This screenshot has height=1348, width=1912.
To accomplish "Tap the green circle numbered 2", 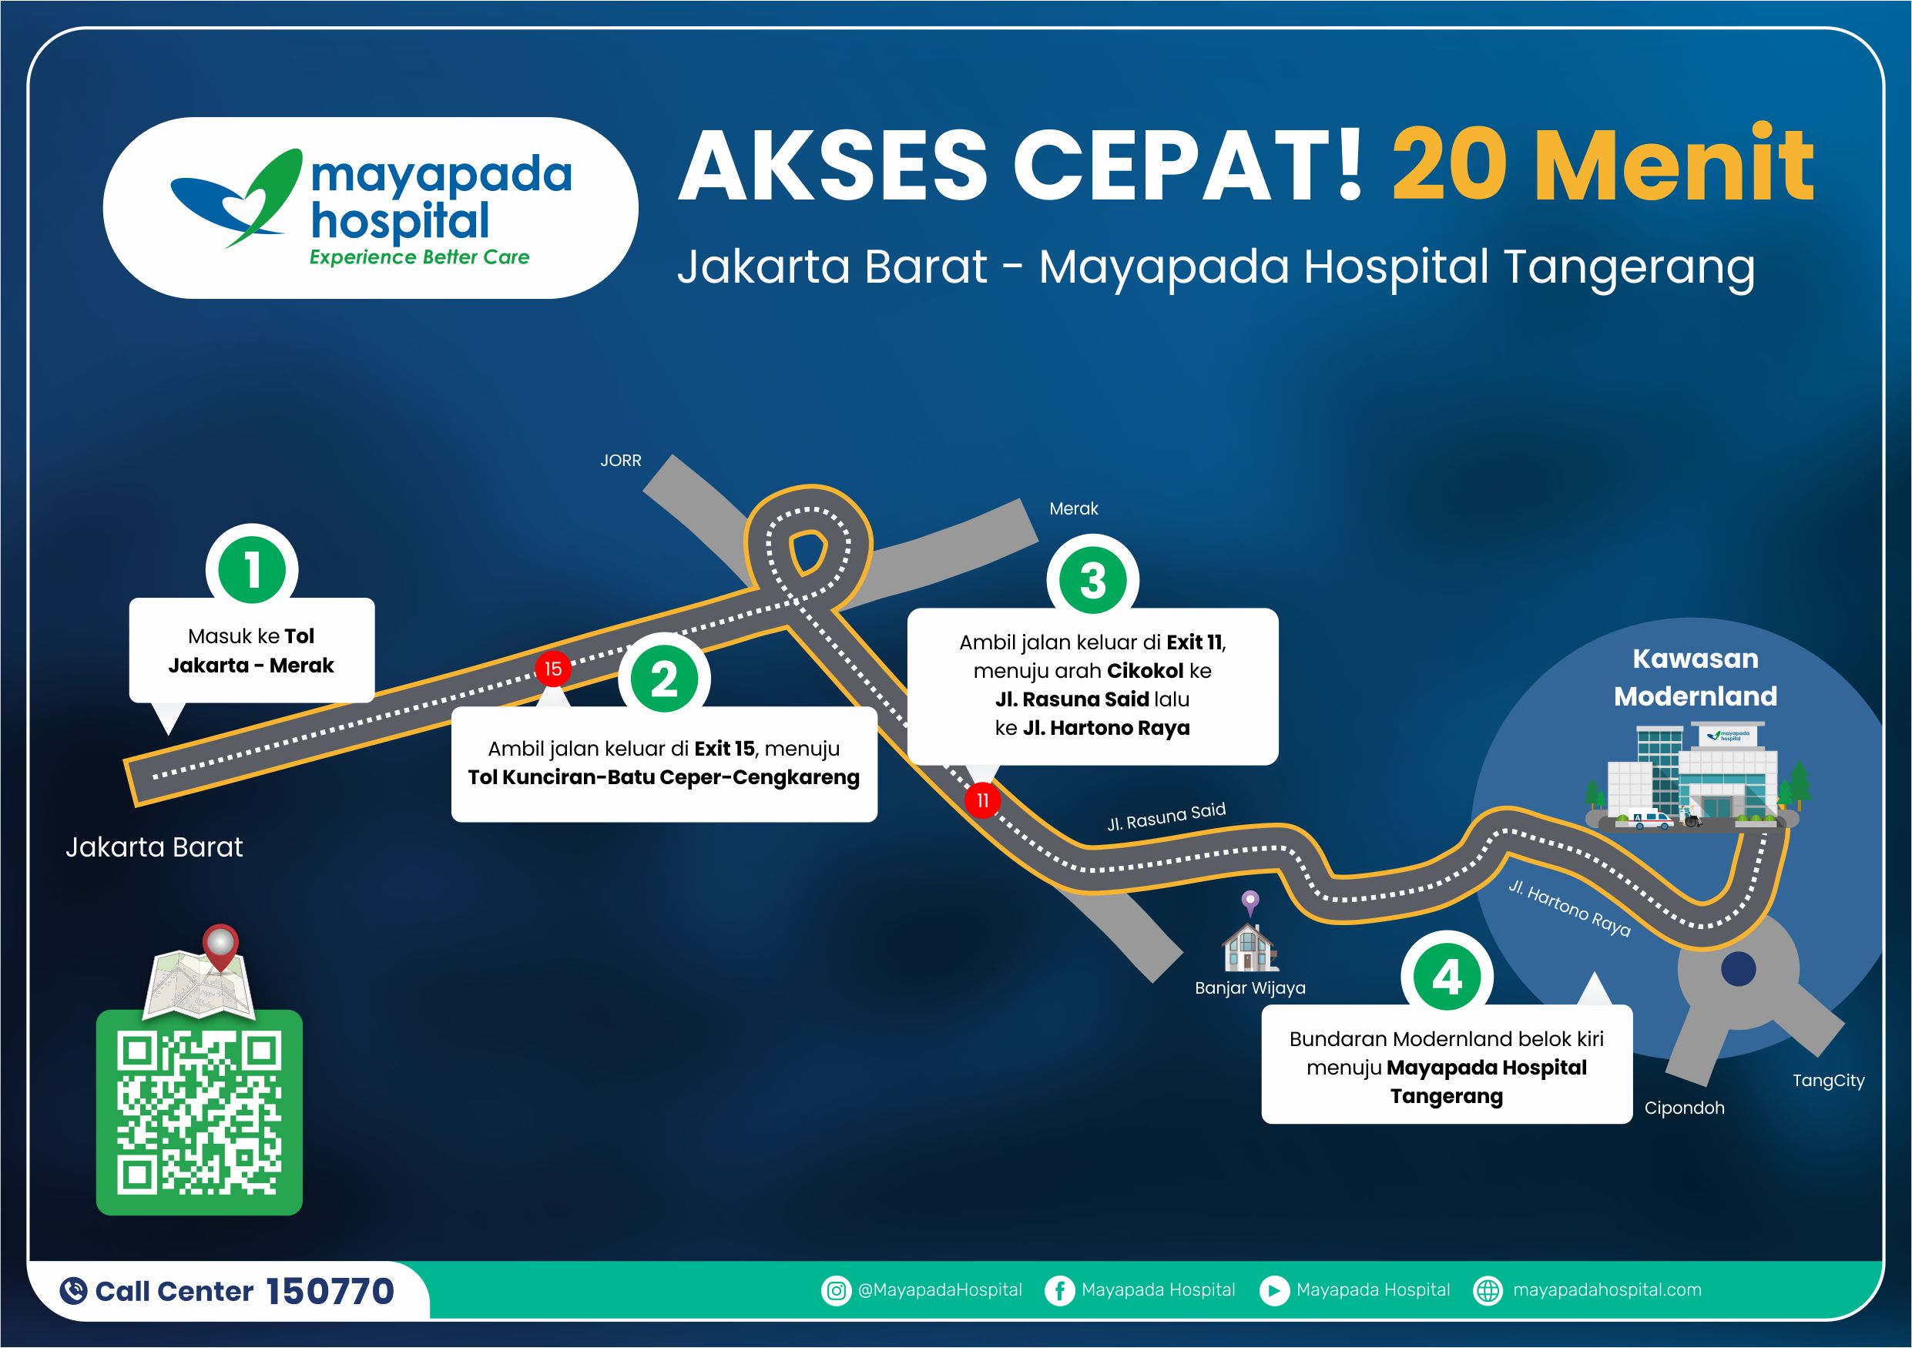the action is coord(664,679).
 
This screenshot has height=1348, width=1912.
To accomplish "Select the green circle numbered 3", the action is coord(1092,580).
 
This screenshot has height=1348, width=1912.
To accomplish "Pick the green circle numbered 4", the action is coord(1447,977).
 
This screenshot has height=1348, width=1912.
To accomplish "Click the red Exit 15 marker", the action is coord(553,669).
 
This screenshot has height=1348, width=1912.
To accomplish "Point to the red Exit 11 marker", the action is coord(983,800).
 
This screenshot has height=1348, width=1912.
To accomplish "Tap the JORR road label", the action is coord(620,461).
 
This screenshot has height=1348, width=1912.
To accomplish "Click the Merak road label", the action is coord(1073,508).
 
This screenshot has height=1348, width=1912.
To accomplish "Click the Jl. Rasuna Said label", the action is coord(1166,817).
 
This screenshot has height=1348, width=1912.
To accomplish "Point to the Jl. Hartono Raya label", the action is coord(1570,908).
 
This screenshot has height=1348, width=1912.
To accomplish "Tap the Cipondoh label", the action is coord(1684,1108).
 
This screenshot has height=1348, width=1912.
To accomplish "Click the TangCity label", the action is coord(1829,1081).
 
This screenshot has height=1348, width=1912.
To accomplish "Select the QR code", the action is coord(200,1112).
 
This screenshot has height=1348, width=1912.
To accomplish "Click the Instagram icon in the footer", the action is coord(835,1290).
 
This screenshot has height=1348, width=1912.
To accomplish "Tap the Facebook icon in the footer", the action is coord(1059,1290).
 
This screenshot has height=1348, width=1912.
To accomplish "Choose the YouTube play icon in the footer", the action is coord(1273,1290).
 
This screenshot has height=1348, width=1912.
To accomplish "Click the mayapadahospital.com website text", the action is coord(1607,1289).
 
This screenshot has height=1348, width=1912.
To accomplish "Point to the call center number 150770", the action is coord(330,1291).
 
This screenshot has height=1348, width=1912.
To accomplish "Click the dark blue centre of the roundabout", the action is coord(1738,968).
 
